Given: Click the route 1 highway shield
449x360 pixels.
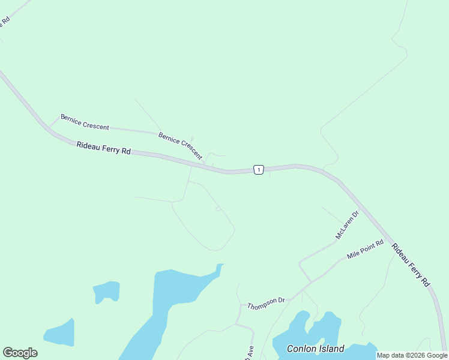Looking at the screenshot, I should (258, 170).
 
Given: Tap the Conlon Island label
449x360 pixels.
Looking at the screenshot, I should (315, 349).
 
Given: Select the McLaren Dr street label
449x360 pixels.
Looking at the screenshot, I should (347, 224).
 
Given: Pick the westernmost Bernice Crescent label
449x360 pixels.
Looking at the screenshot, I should (85, 122).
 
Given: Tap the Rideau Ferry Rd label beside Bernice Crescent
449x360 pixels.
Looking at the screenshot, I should (103, 148).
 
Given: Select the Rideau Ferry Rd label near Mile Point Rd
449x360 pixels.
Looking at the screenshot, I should (411, 265).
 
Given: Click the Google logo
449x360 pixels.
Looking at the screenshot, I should (20, 353).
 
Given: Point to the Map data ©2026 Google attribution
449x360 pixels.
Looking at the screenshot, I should (412, 355).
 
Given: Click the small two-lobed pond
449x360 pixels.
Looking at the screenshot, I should (106, 291).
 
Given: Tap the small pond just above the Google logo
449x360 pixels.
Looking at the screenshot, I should (60, 334).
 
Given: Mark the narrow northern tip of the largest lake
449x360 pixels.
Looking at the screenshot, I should (220, 266).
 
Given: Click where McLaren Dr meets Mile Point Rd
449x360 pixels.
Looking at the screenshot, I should (311, 281).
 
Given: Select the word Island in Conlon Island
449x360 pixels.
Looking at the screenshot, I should (331, 349).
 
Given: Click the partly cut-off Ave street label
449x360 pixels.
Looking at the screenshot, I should (250, 351).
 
